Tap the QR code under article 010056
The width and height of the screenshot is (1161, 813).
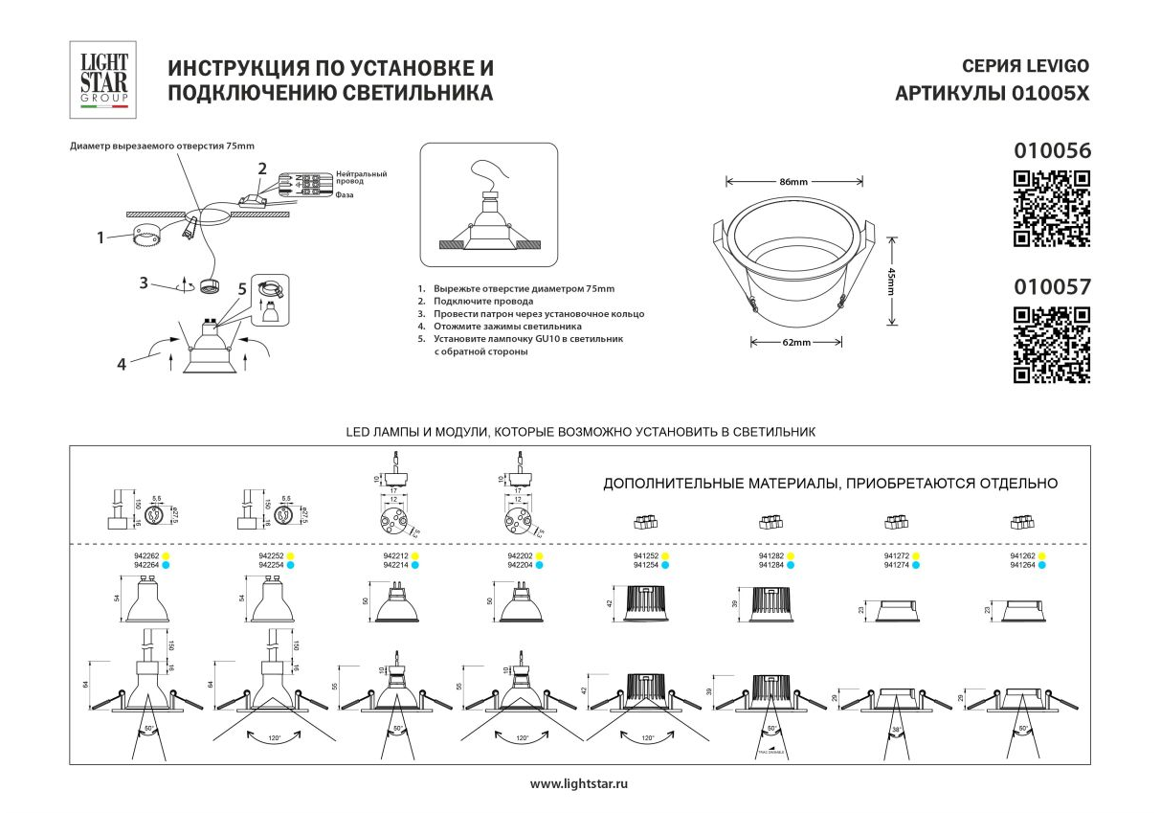[1051, 209]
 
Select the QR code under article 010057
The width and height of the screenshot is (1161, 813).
[1051, 345]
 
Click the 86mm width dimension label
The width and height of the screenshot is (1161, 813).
[793, 182]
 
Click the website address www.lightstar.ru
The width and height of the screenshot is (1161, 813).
[579, 783]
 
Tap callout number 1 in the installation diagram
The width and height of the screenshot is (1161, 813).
[100, 237]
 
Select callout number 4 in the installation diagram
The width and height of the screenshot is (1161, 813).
[122, 363]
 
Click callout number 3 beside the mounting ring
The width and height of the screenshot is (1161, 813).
[143, 283]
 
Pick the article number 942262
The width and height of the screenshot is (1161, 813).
[145, 556]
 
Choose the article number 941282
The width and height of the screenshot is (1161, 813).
[771, 556]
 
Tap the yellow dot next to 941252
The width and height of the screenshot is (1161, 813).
[665, 556]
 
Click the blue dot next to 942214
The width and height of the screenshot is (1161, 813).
[415, 566]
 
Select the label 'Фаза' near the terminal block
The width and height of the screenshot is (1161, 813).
[346, 194]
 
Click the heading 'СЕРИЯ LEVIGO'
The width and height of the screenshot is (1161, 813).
[1024, 67]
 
